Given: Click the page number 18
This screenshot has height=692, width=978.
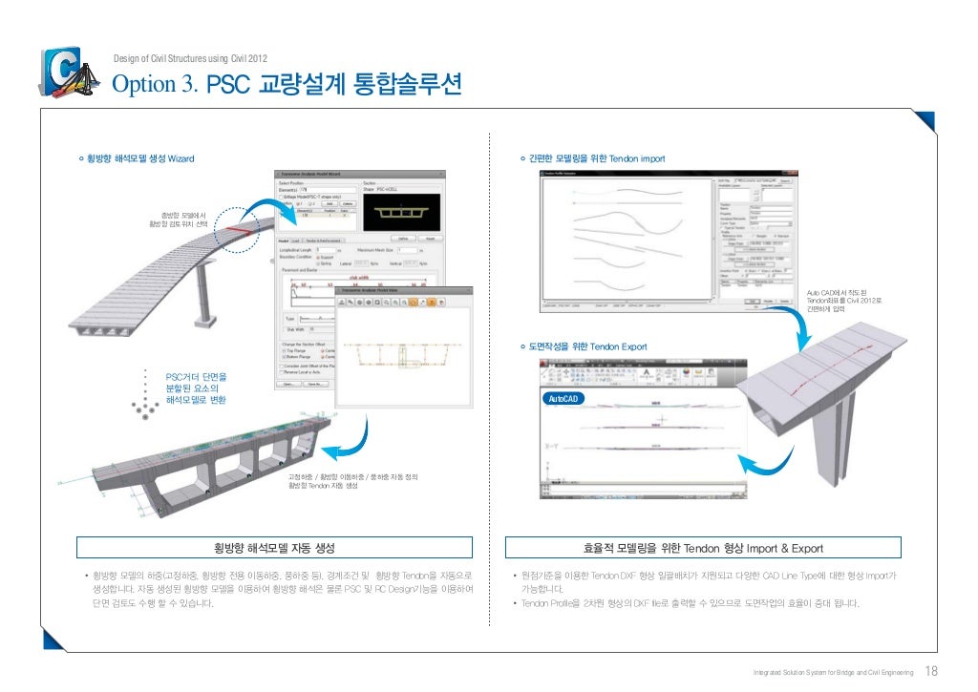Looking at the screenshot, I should click(932, 670).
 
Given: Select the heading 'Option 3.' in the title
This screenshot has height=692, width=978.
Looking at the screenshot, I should click(156, 86).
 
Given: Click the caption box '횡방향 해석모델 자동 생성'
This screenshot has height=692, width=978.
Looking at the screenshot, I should click(275, 547).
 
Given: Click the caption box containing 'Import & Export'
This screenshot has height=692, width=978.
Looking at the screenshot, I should click(703, 548).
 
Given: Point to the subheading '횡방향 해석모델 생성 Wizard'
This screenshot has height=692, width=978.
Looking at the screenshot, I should click(139, 157).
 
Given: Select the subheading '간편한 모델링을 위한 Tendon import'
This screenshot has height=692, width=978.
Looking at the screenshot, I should click(596, 157).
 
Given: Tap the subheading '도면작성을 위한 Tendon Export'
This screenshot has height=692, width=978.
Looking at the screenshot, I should click(589, 346).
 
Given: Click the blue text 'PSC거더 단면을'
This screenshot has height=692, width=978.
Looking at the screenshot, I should click(197, 378).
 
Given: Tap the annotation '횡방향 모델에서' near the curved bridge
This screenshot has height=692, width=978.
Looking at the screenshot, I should click(179, 216).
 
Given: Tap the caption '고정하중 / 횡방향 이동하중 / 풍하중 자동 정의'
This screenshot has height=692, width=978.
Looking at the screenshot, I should click(353, 475).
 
